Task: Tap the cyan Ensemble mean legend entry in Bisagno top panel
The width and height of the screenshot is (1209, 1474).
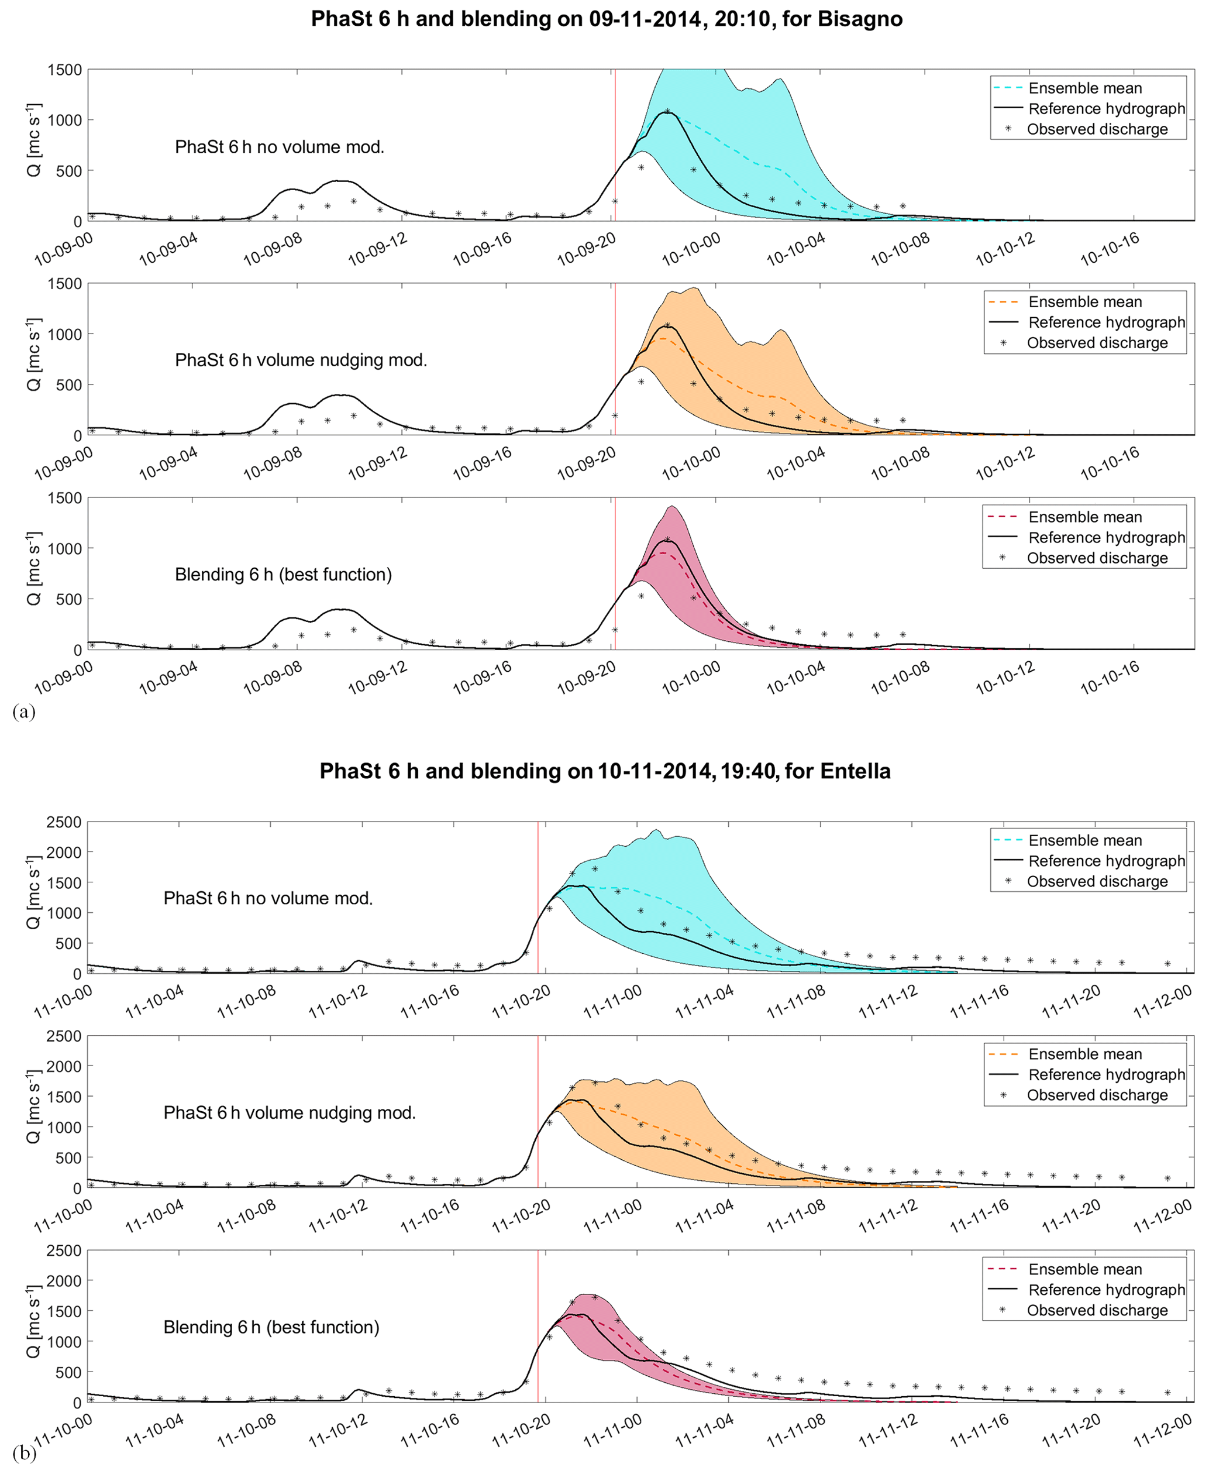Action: (x=1084, y=88)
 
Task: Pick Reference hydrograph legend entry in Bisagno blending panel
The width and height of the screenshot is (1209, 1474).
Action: (x=1106, y=538)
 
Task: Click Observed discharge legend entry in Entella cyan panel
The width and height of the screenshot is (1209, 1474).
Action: (x=1097, y=881)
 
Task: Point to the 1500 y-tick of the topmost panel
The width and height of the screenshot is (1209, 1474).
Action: (x=65, y=70)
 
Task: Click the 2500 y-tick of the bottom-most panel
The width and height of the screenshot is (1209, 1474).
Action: (x=65, y=1251)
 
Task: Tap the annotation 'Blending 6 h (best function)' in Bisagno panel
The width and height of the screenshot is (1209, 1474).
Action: (x=283, y=575)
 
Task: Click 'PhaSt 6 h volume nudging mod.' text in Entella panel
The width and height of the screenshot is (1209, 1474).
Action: (x=289, y=1112)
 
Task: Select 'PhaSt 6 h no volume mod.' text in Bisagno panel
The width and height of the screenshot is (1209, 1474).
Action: (x=279, y=147)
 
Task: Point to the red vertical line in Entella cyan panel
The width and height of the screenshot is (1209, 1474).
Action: (x=538, y=899)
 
